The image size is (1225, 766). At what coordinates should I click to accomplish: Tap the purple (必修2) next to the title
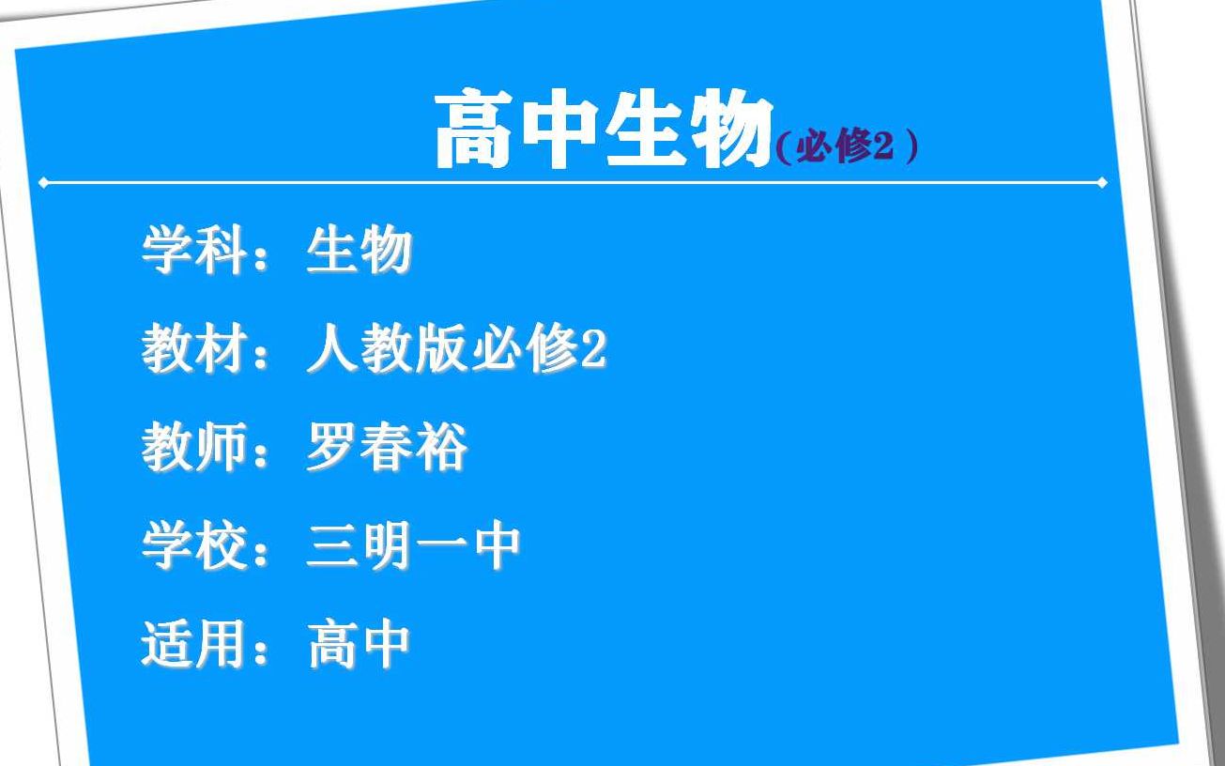point(847,148)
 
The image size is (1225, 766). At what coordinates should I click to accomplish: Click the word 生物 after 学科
point(359,251)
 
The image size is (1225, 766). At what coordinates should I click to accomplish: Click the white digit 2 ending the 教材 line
point(594,350)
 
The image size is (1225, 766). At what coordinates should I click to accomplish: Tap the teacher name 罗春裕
point(386,448)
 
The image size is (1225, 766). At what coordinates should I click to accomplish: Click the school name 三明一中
point(413,545)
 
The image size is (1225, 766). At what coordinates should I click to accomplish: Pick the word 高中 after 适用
point(359,644)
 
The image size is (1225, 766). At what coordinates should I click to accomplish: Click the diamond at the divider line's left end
point(43,183)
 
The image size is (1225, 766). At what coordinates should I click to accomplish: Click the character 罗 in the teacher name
point(332,448)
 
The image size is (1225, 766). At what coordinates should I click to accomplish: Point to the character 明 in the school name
point(386,545)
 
